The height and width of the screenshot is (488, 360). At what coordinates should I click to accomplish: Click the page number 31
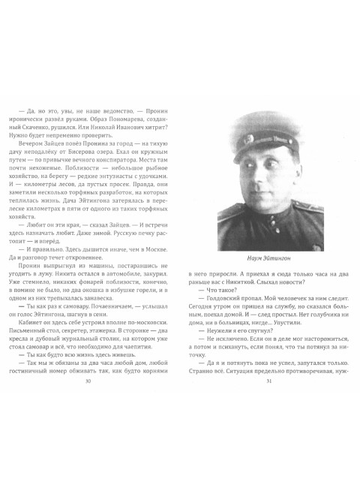click(x=268, y=423)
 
